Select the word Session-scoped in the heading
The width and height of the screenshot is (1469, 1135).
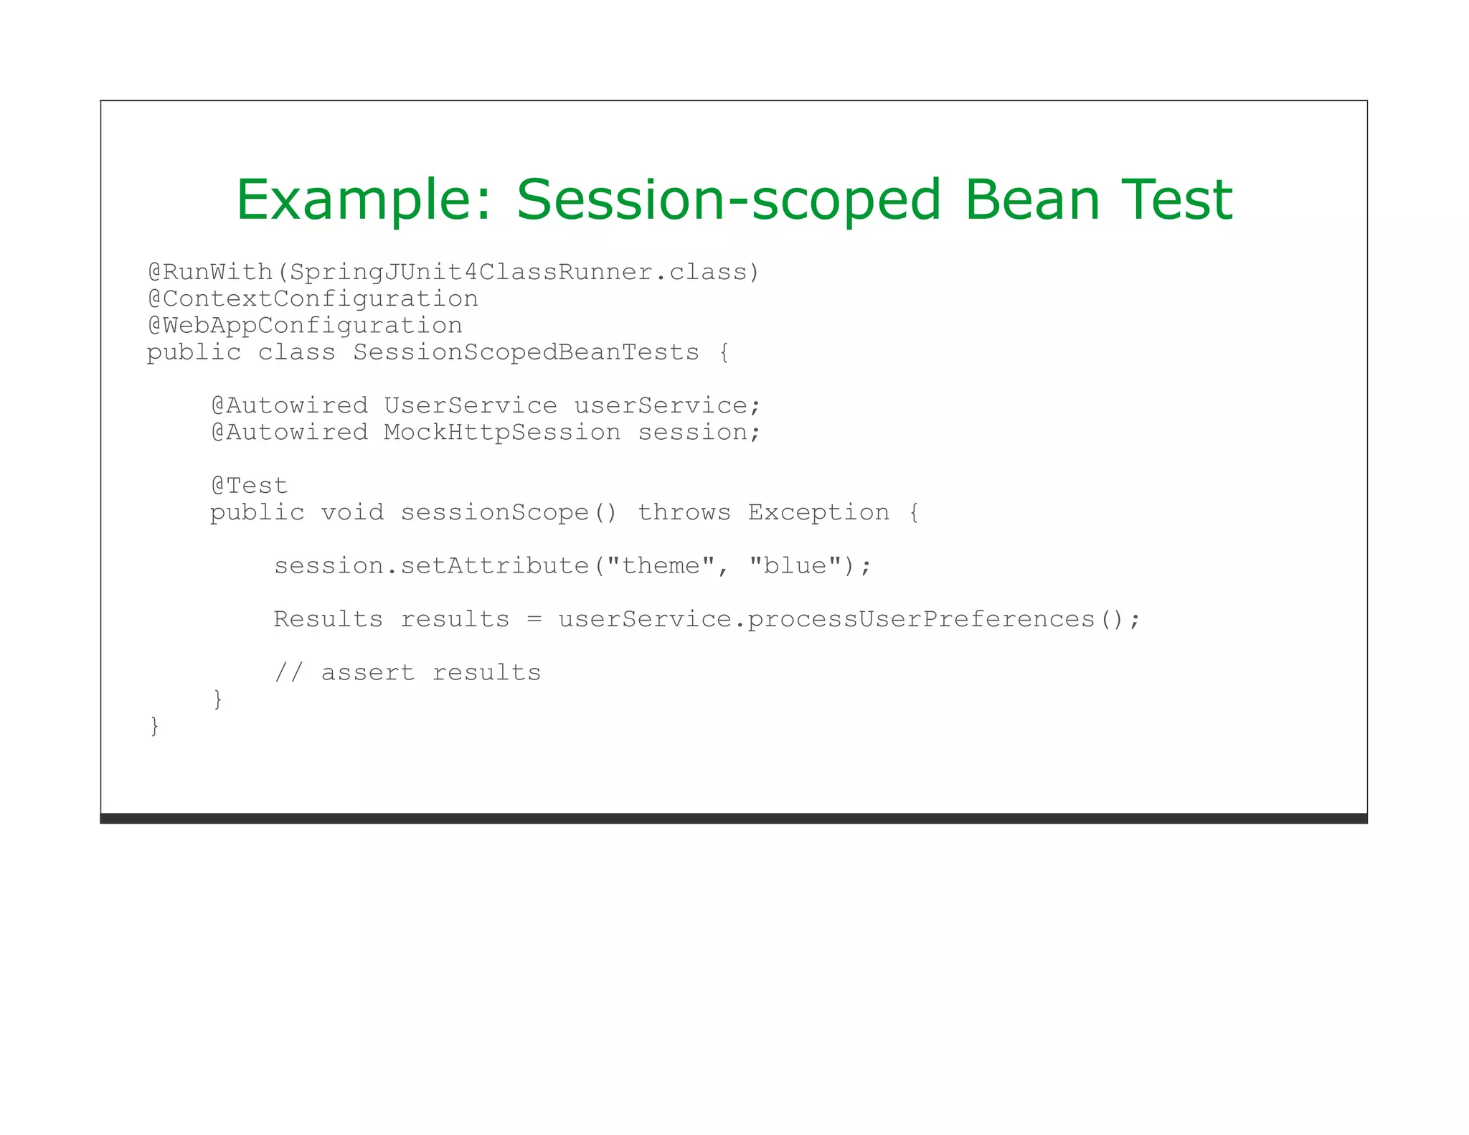tap(728, 199)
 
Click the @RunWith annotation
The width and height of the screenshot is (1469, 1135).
tap(210, 273)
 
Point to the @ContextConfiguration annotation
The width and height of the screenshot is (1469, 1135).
tap(313, 299)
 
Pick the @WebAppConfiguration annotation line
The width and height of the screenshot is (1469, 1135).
tap(305, 326)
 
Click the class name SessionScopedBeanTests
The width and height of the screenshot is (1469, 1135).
tap(526, 352)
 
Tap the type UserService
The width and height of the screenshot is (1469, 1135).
tap(471, 406)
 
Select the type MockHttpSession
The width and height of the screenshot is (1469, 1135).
tap(502, 433)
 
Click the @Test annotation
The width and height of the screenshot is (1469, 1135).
tap(250, 486)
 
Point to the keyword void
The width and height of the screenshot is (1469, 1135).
tap(352, 513)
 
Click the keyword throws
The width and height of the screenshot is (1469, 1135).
tap(684, 513)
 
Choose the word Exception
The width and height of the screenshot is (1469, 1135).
tap(818, 513)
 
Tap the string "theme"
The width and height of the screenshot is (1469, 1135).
tap(661, 566)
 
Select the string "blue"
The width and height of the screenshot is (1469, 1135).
tap(795, 566)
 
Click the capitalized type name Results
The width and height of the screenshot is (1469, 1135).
tap(328, 619)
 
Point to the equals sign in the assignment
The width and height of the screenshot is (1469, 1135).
tap(534, 620)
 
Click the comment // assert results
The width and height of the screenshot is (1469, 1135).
tap(407, 673)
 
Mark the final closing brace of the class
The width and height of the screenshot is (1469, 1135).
tap(154, 726)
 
